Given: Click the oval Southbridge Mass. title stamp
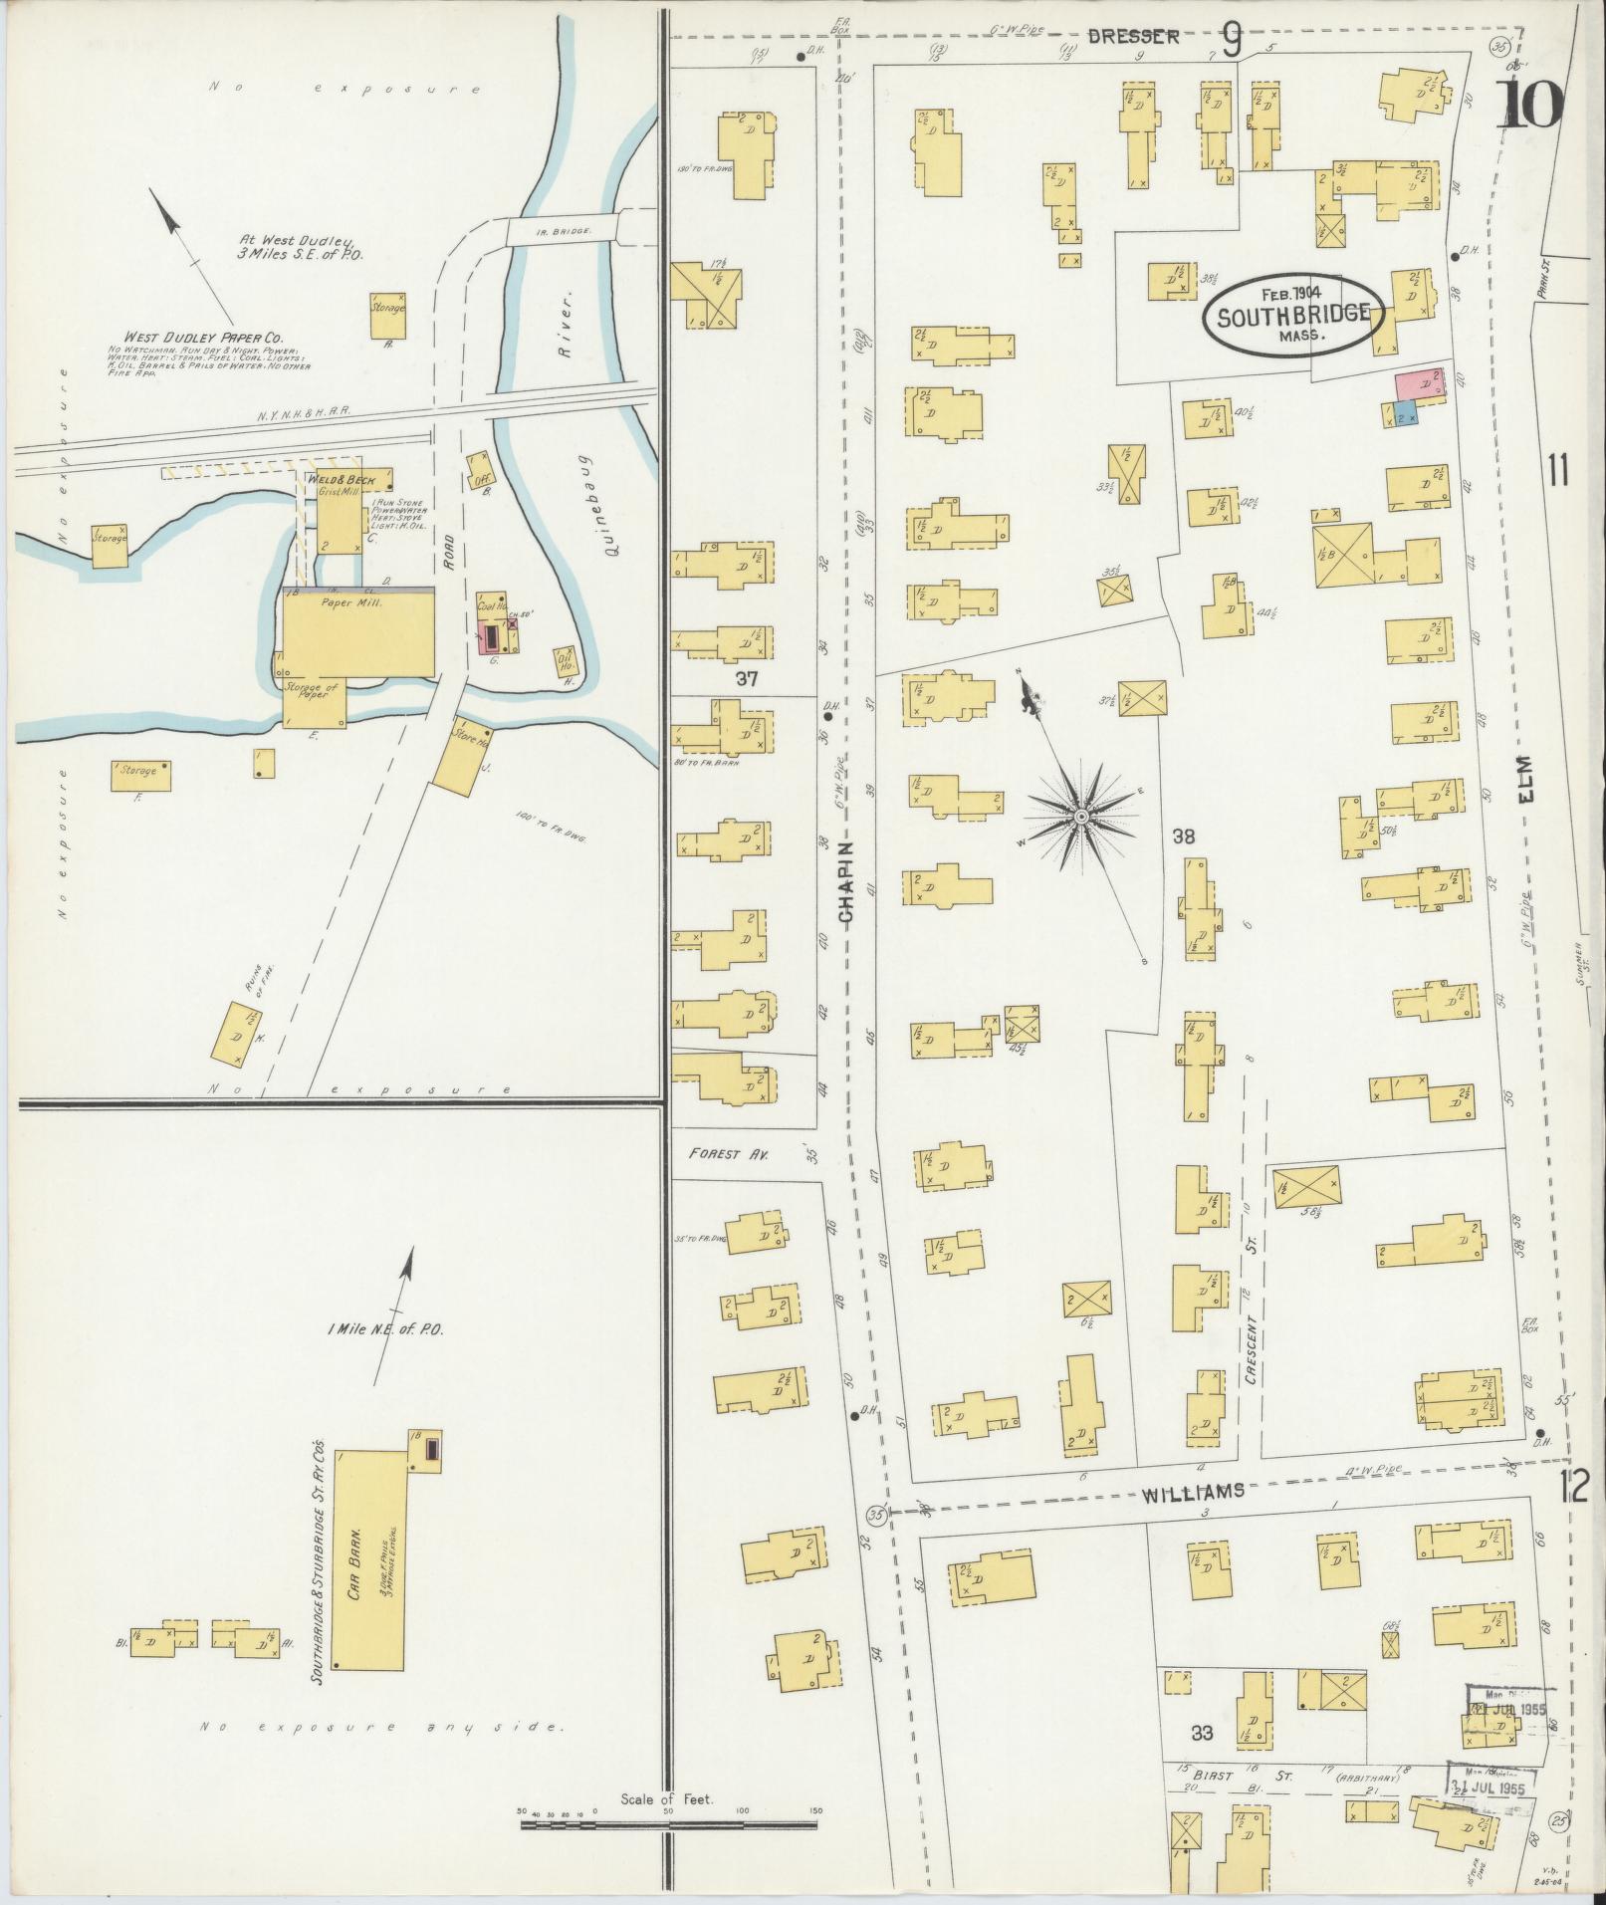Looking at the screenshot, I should [x=1293, y=313].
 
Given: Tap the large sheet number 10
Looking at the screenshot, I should [x=1529, y=106].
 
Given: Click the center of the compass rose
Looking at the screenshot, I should [x=1080, y=817].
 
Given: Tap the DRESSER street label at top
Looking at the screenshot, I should [x=1133, y=37].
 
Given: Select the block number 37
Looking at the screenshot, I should [x=747, y=679].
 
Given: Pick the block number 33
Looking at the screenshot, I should [x=1203, y=1734].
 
